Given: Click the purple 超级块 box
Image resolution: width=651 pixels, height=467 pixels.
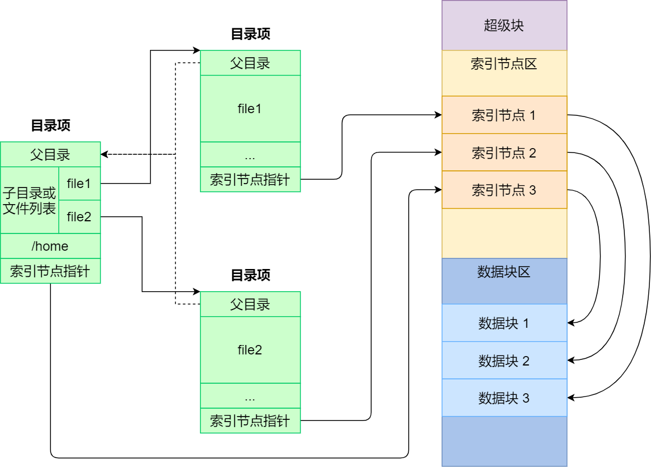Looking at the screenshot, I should [504, 26].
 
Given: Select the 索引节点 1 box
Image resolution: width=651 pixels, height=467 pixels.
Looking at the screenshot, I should [504, 115].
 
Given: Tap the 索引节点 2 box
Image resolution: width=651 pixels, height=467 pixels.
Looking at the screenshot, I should [504, 153].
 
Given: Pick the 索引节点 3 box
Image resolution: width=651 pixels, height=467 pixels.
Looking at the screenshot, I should [504, 190].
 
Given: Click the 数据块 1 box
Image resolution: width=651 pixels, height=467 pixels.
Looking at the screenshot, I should [504, 323].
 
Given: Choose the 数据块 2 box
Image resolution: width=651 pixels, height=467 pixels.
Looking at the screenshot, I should [504, 361].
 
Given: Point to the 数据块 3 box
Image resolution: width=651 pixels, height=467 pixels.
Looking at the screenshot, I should [504, 398].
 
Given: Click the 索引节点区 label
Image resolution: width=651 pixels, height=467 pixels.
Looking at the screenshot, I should [504, 64].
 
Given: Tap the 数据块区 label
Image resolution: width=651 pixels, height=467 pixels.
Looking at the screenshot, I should [504, 272].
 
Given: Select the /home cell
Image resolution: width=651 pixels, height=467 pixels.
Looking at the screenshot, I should [50, 246].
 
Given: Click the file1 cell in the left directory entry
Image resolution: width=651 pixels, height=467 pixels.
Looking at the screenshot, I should [79, 183].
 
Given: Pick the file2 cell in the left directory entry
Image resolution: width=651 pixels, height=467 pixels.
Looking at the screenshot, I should [79, 216].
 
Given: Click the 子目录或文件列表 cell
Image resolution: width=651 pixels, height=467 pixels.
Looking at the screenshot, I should [29, 201].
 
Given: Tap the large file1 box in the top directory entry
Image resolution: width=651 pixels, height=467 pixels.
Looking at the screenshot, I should [250, 109].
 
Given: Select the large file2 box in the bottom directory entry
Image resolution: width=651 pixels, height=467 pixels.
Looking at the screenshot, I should [250, 350].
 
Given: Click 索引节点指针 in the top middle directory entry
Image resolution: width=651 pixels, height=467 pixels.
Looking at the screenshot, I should [250, 179].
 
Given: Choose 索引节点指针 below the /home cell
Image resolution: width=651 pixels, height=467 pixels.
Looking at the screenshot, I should [50, 271].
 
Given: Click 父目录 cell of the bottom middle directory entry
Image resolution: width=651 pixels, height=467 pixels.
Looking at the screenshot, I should [250, 304].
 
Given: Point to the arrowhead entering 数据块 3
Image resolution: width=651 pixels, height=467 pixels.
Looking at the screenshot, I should [571, 397].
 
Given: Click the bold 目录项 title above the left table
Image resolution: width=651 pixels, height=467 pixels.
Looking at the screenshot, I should [51, 125].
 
